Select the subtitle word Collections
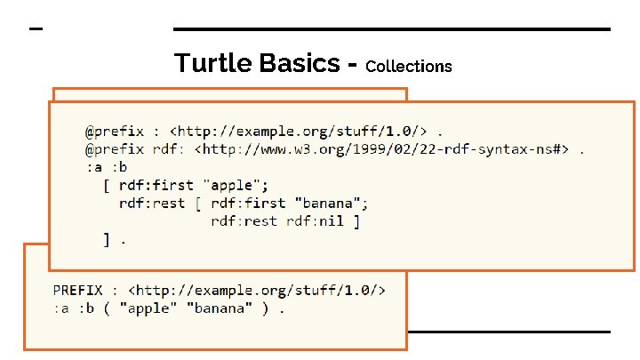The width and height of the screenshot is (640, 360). click(x=408, y=67)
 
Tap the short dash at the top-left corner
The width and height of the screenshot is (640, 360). click(x=36, y=29)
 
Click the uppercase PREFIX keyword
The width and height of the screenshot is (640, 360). click(x=77, y=291)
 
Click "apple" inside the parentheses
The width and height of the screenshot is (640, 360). click(x=148, y=309)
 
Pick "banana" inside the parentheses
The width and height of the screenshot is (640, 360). click(x=214, y=309)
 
